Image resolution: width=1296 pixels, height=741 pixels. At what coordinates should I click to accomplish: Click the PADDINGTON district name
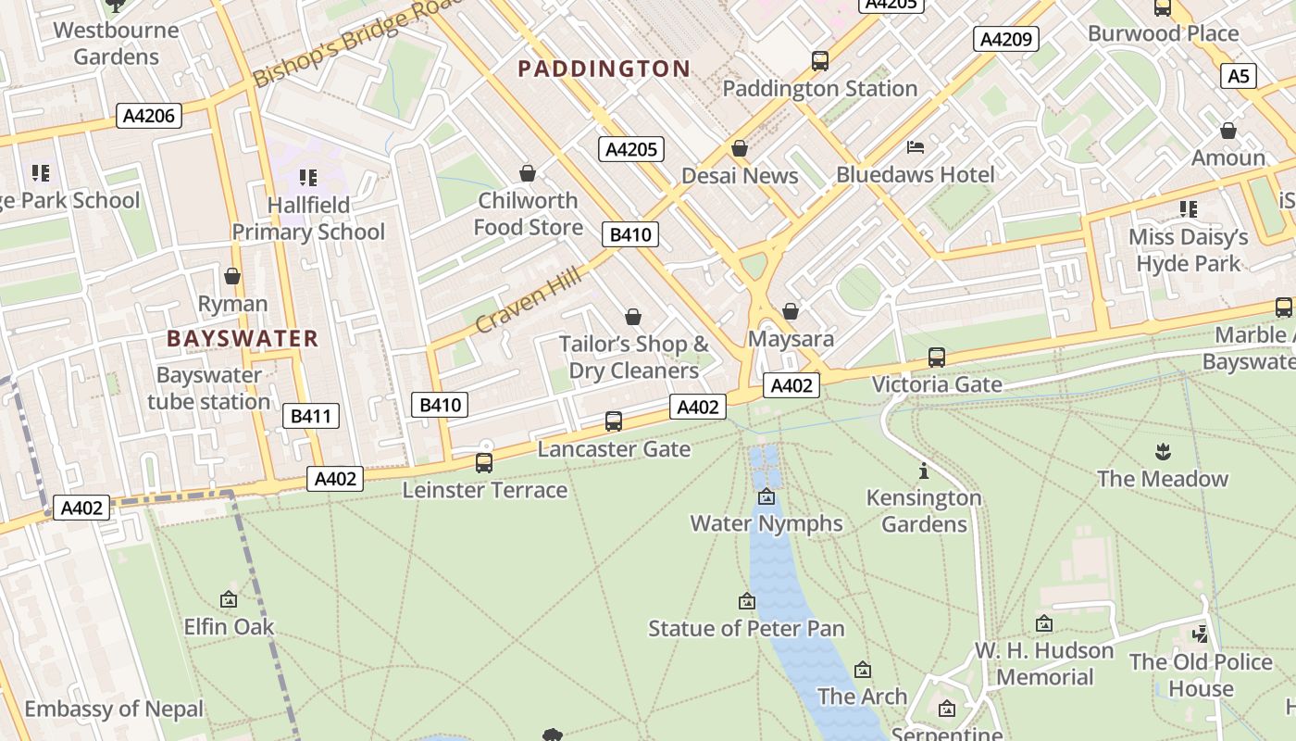coord(604,69)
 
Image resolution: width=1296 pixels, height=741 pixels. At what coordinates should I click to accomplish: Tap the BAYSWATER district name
coord(243,338)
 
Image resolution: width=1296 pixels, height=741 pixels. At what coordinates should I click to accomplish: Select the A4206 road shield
coord(150,116)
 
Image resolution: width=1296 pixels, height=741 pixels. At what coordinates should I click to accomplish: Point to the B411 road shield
coord(310,416)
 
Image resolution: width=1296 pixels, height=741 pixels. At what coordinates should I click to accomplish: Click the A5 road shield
coord(1238,76)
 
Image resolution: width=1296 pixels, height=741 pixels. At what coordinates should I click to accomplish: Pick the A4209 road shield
coord(1005,39)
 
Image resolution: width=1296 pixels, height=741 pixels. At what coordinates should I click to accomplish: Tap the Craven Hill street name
coord(529,299)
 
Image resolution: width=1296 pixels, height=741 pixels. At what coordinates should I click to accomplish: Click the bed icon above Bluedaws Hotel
coord(916,147)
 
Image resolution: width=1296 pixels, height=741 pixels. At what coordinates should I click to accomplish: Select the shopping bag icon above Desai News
coord(739,148)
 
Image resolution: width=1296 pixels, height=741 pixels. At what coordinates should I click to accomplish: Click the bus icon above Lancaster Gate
coord(613,421)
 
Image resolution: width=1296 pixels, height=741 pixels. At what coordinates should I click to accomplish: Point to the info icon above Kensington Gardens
coord(923,471)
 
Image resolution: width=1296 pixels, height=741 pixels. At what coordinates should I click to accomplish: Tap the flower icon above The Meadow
coord(1163,452)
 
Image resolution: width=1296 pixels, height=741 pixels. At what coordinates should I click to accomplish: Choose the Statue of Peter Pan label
coord(746,629)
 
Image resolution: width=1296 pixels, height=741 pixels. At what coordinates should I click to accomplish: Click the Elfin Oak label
coord(229,627)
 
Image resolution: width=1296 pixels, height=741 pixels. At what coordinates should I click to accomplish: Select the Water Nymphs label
coord(766,523)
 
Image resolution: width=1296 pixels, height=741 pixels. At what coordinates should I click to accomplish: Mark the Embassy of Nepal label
coord(114,710)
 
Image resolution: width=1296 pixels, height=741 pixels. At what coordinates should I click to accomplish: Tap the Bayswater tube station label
coord(208,388)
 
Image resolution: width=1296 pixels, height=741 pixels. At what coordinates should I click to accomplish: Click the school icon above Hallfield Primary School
coord(308,177)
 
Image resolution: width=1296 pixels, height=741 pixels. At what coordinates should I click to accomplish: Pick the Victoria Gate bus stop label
coord(937,383)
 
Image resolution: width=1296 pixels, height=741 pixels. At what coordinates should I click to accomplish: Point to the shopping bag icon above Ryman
coord(232,277)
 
